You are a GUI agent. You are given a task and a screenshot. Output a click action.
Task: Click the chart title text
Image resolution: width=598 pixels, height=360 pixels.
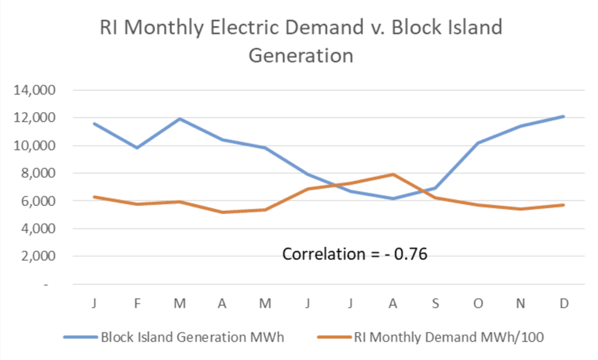[x=301, y=41]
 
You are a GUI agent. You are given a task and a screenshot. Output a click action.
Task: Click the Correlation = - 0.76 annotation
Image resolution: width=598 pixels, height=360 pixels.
[x=354, y=254]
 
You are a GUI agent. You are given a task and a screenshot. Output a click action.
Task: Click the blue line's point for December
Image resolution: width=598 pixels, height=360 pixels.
[x=563, y=117]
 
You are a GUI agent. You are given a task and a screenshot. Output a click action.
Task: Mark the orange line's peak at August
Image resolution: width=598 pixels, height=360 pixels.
[x=393, y=175]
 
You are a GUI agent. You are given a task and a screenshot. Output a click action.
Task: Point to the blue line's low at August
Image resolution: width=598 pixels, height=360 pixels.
[x=393, y=199]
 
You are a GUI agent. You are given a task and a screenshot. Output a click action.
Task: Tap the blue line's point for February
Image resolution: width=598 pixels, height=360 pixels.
[x=137, y=148]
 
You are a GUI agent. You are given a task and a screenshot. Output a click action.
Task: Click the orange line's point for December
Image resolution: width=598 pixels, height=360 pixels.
[x=563, y=205]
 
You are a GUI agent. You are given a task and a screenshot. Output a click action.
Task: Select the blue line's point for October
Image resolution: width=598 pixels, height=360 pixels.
[x=478, y=143]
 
